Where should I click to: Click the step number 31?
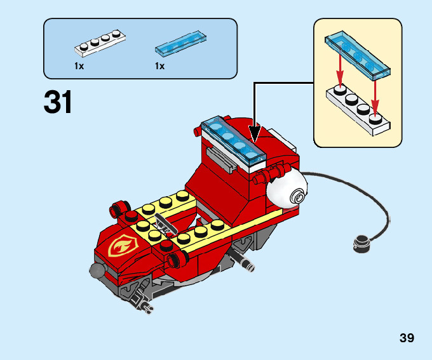pyautogui.click(x=58, y=103)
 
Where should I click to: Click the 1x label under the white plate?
pyautogui.click(x=79, y=66)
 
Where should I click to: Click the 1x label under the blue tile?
pyautogui.click(x=159, y=66)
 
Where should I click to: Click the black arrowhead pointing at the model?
pyautogui.click(x=255, y=133)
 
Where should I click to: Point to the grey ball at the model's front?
pyautogui.click(x=97, y=272)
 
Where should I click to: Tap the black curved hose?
pyautogui.click(x=375, y=210)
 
